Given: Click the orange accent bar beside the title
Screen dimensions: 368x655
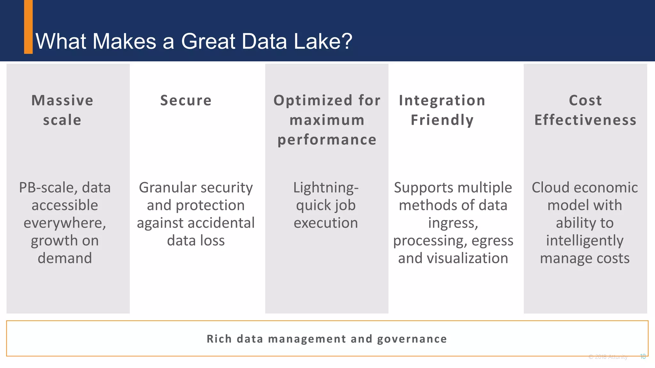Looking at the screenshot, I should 28,27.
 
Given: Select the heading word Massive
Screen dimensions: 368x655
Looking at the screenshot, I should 62,101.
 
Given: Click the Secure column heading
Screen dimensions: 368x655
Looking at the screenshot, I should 186,101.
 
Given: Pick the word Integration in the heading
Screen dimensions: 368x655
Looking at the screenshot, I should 442,101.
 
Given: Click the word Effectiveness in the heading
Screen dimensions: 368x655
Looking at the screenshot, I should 585,120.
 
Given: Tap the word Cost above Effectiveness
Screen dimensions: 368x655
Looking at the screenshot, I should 585,101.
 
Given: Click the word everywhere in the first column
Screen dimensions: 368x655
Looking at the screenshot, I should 65,223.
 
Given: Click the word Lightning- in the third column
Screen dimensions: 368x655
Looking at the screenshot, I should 326,188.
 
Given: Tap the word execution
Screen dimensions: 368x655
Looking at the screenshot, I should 326,223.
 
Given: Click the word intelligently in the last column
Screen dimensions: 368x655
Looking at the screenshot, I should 585,241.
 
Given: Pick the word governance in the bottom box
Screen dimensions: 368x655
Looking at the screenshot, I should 412,339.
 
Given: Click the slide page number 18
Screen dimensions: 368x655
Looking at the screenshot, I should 643,357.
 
